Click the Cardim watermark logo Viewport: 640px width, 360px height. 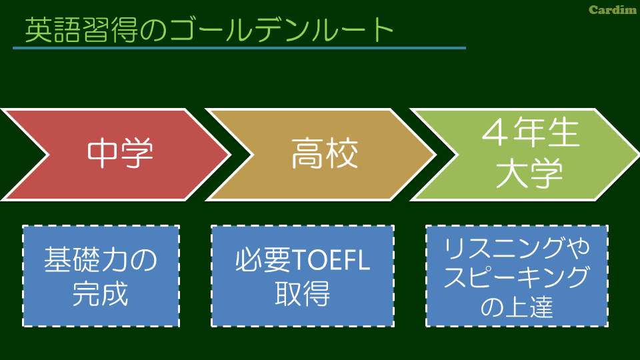pyautogui.click(x=613, y=10)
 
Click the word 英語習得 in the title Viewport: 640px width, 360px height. pyautogui.click(x=81, y=30)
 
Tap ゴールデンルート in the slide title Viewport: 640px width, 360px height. pyautogui.click(x=282, y=30)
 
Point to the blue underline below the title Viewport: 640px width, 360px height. pyautogui.click(x=239, y=48)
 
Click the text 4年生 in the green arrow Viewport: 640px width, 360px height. pyautogui.click(x=531, y=132)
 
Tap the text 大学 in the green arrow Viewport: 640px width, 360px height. pyautogui.click(x=529, y=173)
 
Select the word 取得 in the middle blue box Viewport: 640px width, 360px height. pyautogui.click(x=303, y=293)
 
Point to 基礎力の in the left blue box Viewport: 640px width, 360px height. pyautogui.click(x=101, y=259)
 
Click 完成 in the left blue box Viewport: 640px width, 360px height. pyautogui.click(x=101, y=293)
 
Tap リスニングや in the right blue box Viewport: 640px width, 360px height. pyautogui.click(x=517, y=248)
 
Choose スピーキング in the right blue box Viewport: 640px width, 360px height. pyautogui.click(x=517, y=277)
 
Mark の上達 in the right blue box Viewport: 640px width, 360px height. pyautogui.click(x=517, y=307)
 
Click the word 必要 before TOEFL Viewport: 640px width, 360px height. pyautogui.click(x=263, y=261)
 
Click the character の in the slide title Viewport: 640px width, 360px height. pyautogui.click(x=153, y=31)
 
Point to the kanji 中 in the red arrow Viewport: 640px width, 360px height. pyautogui.click(x=102, y=153)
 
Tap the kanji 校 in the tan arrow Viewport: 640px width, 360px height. pyautogui.click(x=342, y=153)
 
